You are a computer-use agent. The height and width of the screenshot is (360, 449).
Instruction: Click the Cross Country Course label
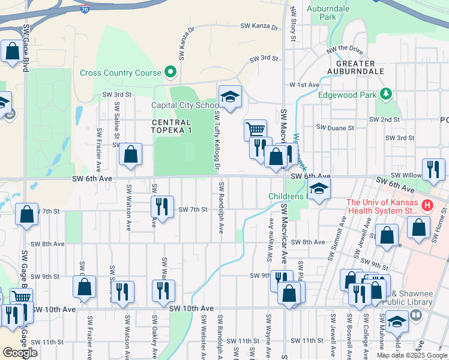tap(121, 73)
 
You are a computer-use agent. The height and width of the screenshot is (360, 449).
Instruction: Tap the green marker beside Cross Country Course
tap(170, 73)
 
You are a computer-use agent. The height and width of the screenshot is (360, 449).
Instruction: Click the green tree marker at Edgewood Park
tap(385, 94)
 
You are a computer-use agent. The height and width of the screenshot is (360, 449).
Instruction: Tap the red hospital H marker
tap(427, 206)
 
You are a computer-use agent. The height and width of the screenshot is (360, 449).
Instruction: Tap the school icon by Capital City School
tap(229, 96)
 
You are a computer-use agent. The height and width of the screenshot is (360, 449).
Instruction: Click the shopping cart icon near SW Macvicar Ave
tap(256, 129)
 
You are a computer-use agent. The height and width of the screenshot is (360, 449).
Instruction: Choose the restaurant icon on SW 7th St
tap(162, 206)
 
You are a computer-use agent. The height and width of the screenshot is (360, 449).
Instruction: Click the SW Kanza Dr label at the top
tap(259, 26)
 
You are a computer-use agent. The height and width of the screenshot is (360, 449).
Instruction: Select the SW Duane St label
tap(336, 127)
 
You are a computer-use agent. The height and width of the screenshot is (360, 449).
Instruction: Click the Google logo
tap(20, 352)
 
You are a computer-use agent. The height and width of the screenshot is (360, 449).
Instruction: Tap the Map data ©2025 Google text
tap(412, 355)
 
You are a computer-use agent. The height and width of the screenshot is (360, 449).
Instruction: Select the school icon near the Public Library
tap(396, 322)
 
